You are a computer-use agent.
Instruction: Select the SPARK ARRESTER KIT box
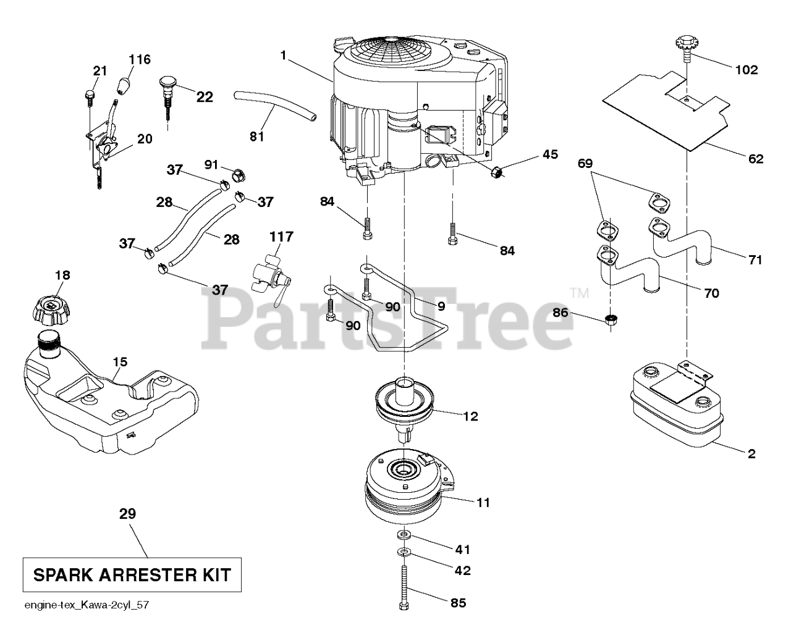click(x=131, y=575)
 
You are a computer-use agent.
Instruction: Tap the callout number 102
click(x=746, y=70)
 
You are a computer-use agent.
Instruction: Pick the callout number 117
click(x=281, y=237)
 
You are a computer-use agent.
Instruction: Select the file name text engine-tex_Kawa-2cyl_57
click(x=86, y=605)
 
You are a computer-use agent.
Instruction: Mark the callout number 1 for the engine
click(x=283, y=56)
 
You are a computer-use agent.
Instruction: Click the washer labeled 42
click(x=404, y=550)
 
